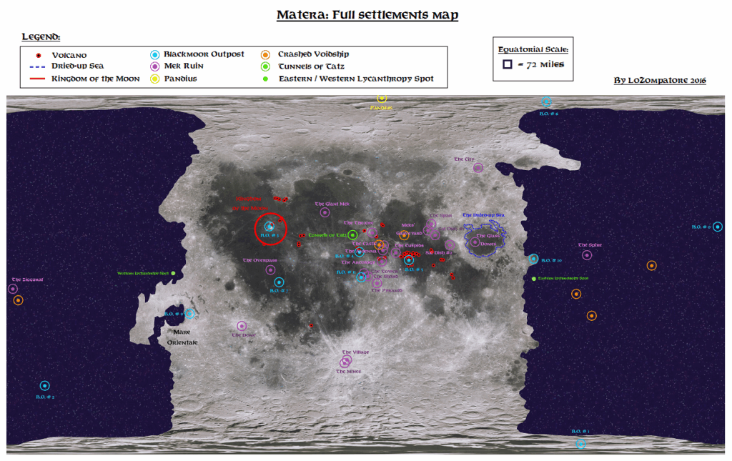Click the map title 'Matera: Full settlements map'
[367, 15]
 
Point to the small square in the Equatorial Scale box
[507, 64]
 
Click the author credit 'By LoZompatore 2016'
[659, 80]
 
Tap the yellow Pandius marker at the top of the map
[382, 98]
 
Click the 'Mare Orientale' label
[182, 337]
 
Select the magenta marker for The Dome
[242, 326]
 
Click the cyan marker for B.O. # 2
[44, 386]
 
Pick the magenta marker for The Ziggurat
[12, 289]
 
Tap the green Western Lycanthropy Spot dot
[173, 274]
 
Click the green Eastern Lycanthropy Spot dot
[533, 278]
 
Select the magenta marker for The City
[478, 168]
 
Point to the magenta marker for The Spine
[587, 255]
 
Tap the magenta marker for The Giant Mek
[325, 212]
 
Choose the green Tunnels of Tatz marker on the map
[352, 234]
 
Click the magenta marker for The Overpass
[270, 269]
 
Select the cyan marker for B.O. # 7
[279, 282]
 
